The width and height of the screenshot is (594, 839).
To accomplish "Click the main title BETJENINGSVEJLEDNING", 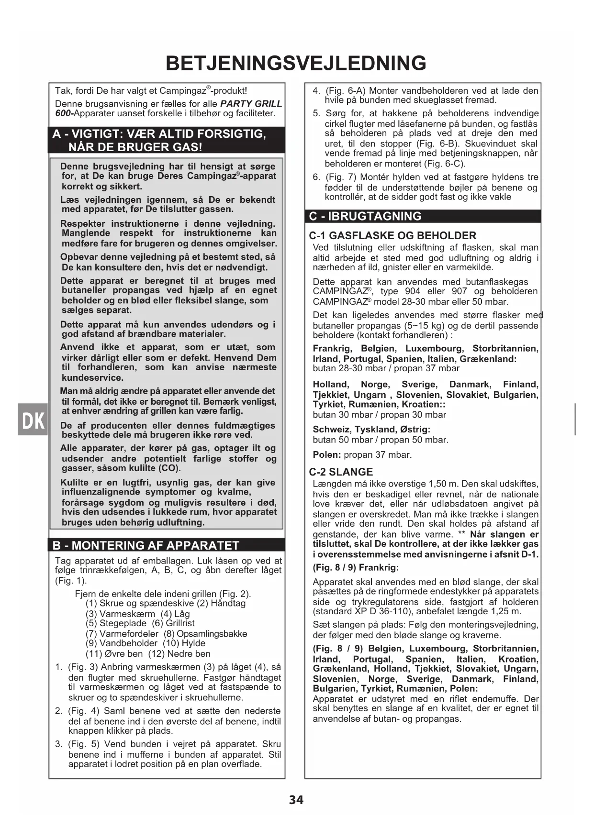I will pyautogui.click(x=296, y=64).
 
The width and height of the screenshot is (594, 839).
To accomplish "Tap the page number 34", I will pyautogui.click(x=296, y=800).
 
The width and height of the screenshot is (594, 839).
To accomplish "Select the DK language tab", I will pyautogui.click(x=33, y=419).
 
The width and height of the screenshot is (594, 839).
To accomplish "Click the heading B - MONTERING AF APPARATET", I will pyautogui.click(x=146, y=545).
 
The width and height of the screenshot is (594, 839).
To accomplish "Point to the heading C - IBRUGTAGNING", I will pyautogui.click(x=365, y=216).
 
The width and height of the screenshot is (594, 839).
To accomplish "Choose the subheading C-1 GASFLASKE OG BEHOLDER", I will pyautogui.click(x=392, y=235).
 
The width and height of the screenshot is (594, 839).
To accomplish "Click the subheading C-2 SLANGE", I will pyautogui.click(x=341, y=472).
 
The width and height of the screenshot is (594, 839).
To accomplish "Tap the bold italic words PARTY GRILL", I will pyautogui.click(x=251, y=104).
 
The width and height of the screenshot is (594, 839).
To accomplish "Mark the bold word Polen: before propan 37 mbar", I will pyautogui.click(x=327, y=454).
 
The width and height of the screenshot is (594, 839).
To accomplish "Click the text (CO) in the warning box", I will pyautogui.click(x=170, y=468).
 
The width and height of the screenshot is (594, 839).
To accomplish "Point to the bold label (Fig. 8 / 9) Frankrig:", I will pyautogui.click(x=356, y=568).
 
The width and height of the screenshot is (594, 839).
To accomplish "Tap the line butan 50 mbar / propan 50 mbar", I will pyautogui.click(x=381, y=440).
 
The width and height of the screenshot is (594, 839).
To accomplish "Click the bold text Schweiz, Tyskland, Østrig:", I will pyautogui.click(x=371, y=429).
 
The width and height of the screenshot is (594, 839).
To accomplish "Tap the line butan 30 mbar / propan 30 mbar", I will pyautogui.click(x=379, y=415).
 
